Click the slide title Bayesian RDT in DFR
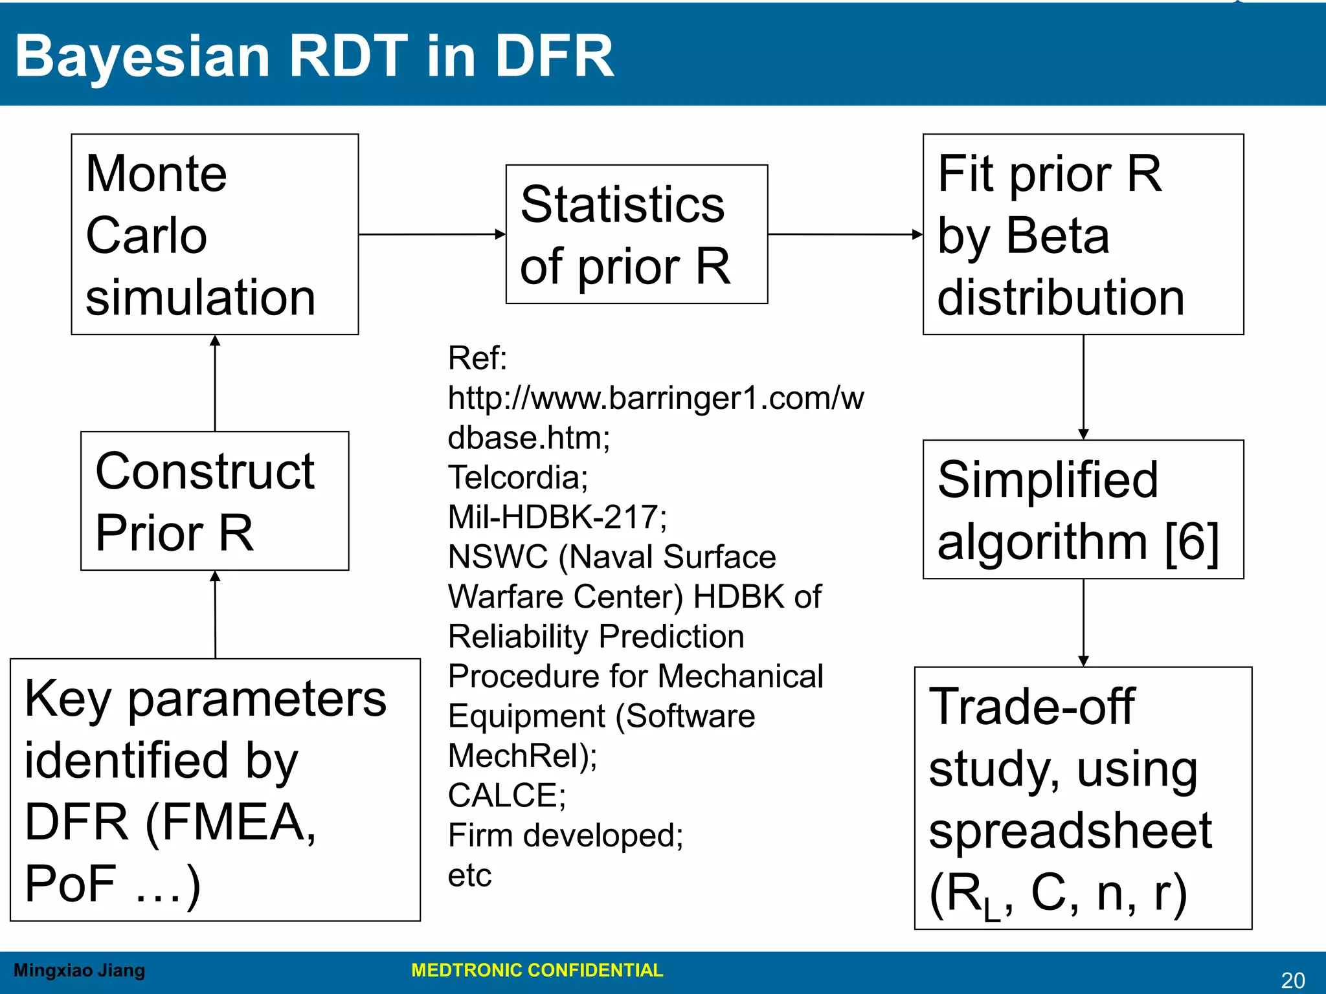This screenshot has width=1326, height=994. (x=314, y=57)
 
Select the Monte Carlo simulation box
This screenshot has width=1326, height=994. (x=214, y=234)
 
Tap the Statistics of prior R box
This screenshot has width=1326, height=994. (x=636, y=234)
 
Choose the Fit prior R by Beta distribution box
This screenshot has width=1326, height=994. (x=1083, y=234)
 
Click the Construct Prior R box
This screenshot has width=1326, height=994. (x=214, y=501)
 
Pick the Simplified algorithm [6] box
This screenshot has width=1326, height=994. (x=1083, y=509)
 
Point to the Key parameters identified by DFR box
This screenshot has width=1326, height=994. (x=214, y=790)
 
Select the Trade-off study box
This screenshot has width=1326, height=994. (x=1083, y=798)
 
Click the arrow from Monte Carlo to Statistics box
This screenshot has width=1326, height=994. (x=432, y=234)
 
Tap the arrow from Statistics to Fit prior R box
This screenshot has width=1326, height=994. (x=845, y=234)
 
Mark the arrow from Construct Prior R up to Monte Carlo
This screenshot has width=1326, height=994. (x=215, y=383)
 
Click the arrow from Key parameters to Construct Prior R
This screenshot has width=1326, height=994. (x=215, y=615)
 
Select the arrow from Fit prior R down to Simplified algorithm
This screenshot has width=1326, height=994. (x=1083, y=387)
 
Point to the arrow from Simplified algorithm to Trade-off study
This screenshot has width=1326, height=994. (x=1083, y=623)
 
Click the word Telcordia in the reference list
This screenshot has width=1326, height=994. (x=517, y=478)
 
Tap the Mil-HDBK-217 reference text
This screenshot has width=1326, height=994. (x=557, y=517)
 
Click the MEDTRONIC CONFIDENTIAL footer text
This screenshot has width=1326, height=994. (x=537, y=970)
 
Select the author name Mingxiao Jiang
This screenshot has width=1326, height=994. (x=79, y=970)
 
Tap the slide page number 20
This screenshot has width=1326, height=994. (x=1292, y=980)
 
